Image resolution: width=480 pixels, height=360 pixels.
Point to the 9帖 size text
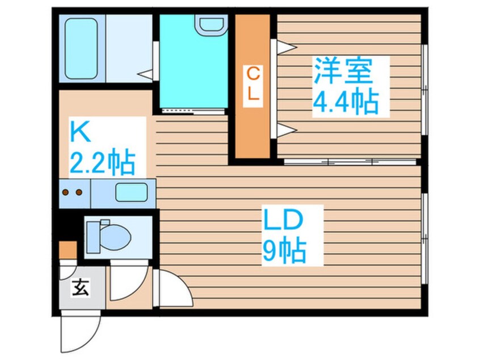click(284, 250)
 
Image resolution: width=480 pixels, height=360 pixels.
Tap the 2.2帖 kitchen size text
click(102, 164)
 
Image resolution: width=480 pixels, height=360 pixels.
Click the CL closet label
click(253, 84)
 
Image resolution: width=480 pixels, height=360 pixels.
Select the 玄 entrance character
click(81, 288)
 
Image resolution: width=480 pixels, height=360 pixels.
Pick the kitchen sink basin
click(132, 192)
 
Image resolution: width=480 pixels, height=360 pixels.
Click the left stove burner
click(66, 192)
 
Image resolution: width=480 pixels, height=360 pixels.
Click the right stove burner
click(79, 192)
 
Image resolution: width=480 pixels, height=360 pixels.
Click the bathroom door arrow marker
click(146, 73)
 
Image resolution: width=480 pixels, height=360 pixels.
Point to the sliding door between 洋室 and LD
click(349, 162)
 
